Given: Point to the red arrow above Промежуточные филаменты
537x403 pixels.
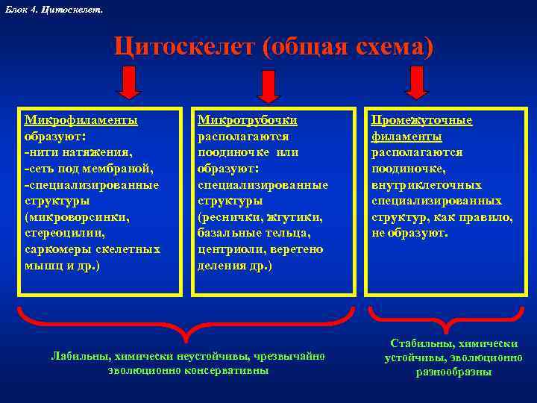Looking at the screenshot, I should coord(416,82).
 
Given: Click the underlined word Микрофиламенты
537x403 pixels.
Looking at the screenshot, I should coord(81,119).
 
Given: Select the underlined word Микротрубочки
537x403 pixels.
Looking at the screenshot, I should coord(247,119).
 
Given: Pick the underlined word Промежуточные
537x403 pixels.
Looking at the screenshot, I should coord(422,120).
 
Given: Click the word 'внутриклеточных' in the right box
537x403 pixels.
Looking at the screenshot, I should coord(427,184).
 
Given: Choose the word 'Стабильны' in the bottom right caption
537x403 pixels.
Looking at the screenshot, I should coord(421,343).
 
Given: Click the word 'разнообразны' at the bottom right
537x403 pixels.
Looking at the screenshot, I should coord(453,372).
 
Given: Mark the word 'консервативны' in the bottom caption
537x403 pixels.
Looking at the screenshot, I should coord(227,370).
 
